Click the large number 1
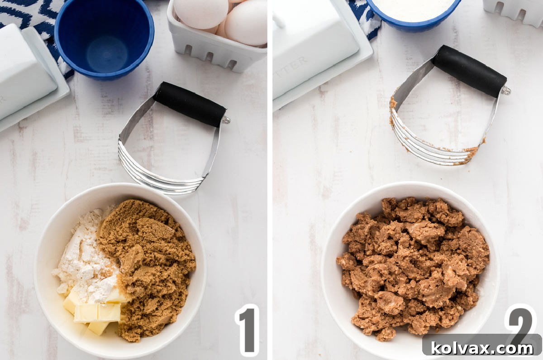click(x=248, y=330)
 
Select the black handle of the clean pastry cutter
click(x=189, y=104)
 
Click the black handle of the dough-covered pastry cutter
click(x=469, y=71)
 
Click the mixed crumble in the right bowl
click(x=412, y=267)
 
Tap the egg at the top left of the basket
click(x=201, y=11)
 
